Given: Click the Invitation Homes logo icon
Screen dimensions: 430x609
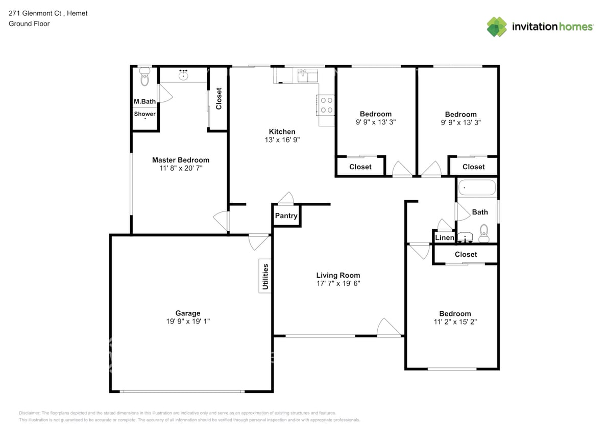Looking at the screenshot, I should click(497, 26).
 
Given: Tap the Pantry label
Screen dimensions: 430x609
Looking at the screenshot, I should click(286, 216).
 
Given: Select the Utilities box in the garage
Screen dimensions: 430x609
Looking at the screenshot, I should click(265, 277).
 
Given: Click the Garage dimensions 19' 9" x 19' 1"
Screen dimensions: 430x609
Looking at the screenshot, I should click(188, 321).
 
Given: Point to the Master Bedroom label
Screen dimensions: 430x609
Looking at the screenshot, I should click(181, 160).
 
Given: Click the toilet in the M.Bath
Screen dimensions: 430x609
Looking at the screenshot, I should click(144, 79).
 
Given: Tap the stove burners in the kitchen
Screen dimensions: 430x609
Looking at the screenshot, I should click(327, 105).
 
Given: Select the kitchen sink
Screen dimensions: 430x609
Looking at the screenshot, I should click(308, 76).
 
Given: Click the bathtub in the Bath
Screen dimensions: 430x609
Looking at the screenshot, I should click(477, 188).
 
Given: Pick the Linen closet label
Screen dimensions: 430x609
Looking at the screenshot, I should click(444, 238).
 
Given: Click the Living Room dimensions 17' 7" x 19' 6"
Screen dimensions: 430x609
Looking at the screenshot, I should click(338, 284).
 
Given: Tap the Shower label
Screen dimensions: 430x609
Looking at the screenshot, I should click(145, 114).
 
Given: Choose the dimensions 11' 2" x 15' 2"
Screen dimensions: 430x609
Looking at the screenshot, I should click(455, 322).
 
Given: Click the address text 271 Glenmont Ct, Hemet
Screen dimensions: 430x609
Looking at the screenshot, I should click(48, 13).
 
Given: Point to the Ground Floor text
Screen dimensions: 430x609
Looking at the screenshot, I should click(29, 23).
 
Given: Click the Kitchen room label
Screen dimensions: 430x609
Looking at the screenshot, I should click(282, 131).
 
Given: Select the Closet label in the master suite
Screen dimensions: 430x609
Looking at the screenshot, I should click(219, 99).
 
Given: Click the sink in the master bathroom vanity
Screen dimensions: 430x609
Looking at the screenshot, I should click(183, 76).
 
